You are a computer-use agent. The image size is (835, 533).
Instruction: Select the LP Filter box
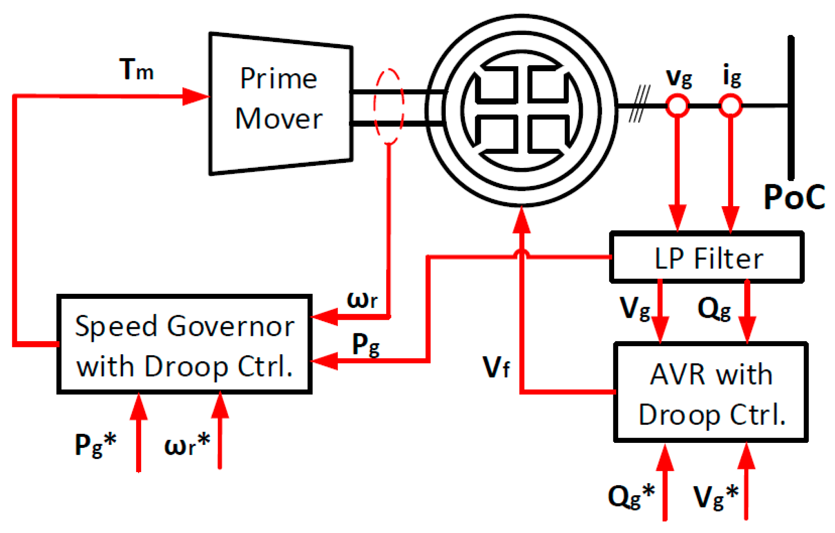(707, 258)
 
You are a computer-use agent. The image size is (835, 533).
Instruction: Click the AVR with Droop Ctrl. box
(711, 393)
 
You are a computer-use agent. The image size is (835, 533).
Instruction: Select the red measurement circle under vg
(677, 106)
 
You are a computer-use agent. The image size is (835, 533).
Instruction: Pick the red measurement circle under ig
(731, 106)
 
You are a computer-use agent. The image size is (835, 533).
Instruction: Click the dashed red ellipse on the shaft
(389, 106)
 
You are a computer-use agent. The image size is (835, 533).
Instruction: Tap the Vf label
(496, 367)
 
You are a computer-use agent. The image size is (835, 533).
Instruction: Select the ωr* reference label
(187, 445)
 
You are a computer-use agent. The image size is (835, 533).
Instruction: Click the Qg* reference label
(631, 496)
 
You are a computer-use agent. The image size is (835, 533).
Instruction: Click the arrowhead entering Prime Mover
(196, 96)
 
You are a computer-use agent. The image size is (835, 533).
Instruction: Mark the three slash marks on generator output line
(639, 105)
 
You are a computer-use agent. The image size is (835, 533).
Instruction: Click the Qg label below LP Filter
(714, 309)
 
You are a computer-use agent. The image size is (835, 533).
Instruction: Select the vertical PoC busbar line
(791, 107)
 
